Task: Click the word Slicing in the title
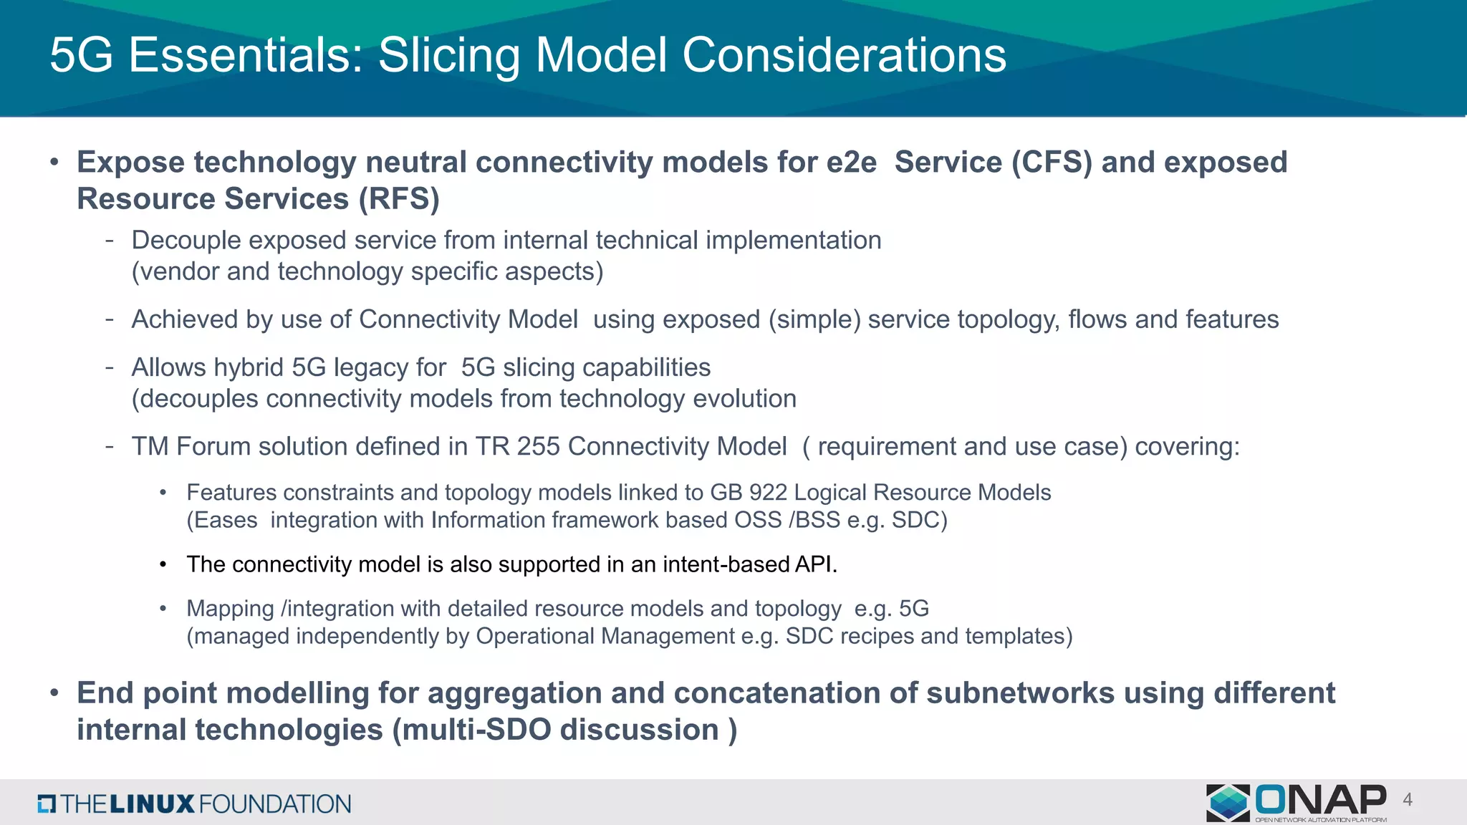[448, 56]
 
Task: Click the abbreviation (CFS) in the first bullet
[1052, 163]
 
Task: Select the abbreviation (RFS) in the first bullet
[399, 199]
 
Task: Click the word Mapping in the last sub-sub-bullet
[230, 609]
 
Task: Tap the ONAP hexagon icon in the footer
[1228, 802]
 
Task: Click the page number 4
[1408, 800]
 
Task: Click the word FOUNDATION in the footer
[274, 804]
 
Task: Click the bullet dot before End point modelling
[54, 693]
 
